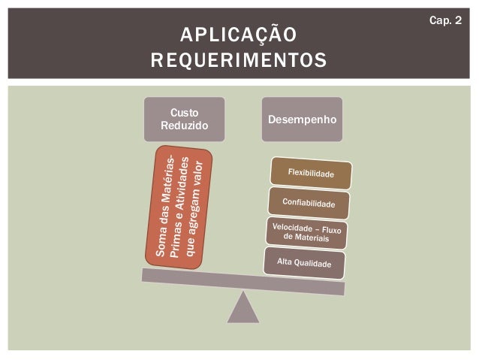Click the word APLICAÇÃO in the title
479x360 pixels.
[238, 35]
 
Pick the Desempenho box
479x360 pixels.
[301, 119]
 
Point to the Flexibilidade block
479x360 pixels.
[311, 174]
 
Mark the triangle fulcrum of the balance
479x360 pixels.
[243, 307]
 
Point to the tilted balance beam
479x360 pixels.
[243, 281]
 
